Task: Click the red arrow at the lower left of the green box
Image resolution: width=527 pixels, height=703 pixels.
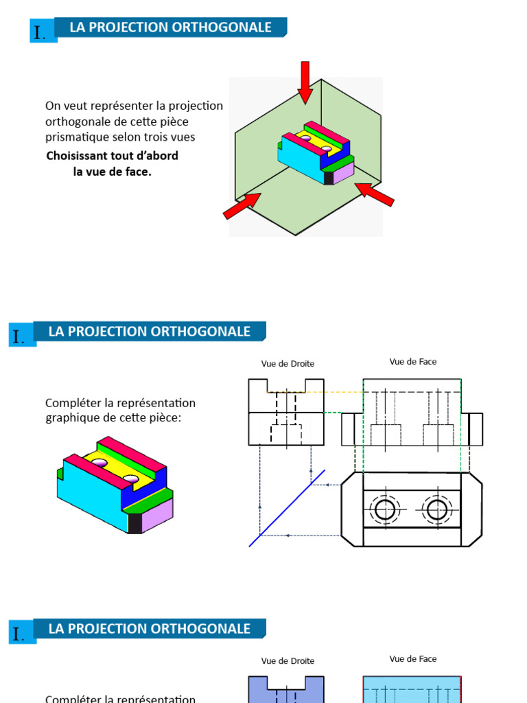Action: [x=242, y=206]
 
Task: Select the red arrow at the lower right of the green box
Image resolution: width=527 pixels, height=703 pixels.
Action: [x=375, y=194]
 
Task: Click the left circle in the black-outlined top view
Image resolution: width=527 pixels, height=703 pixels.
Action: [x=385, y=509]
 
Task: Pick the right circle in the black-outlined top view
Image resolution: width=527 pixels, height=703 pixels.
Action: [x=437, y=509]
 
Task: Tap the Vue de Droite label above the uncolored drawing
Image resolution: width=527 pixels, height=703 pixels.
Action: [x=288, y=364]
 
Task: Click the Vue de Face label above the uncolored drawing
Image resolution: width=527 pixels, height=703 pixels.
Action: [x=412, y=362]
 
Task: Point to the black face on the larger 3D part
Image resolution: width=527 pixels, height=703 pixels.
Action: [x=134, y=523]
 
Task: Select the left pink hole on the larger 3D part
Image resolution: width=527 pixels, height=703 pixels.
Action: [x=101, y=463]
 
